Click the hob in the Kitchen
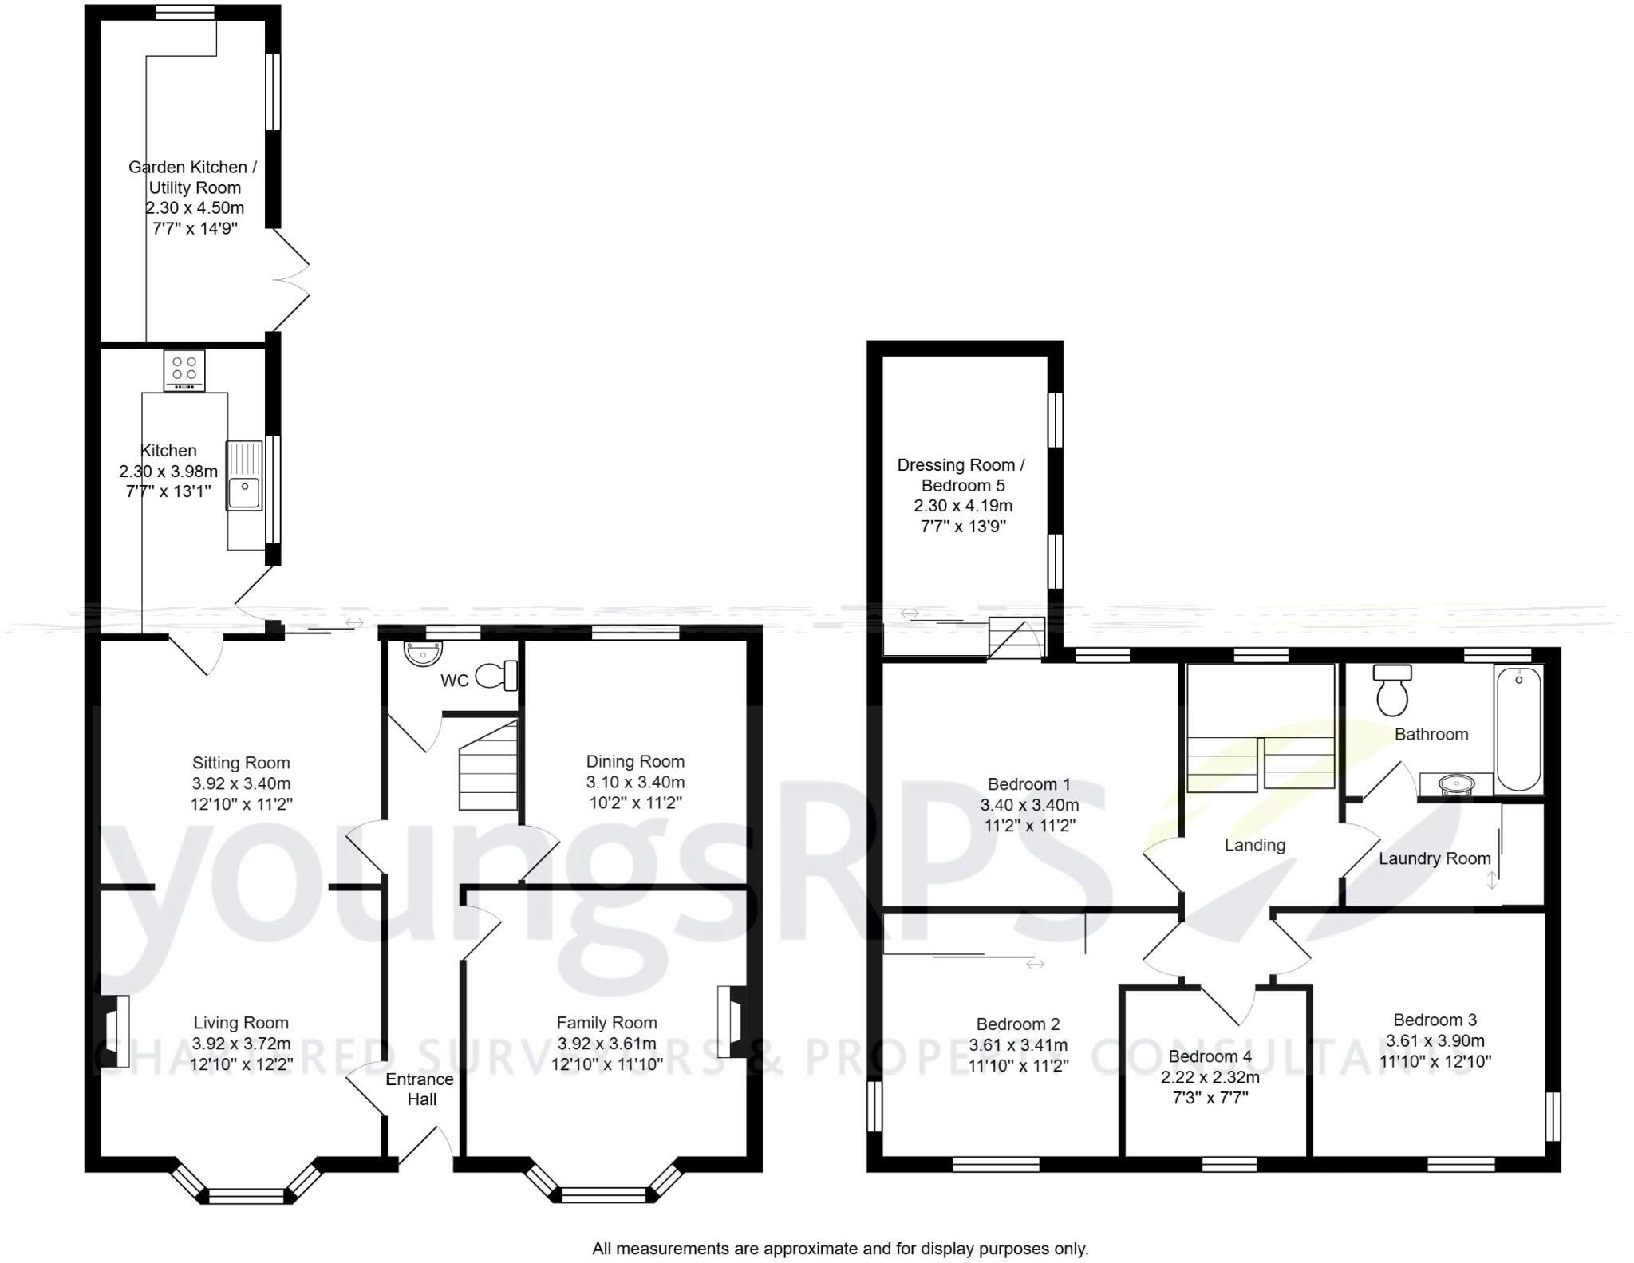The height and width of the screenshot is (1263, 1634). pos(184,370)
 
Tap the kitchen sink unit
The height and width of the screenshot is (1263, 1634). pos(244,476)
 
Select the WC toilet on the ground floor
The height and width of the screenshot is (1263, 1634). pos(497,677)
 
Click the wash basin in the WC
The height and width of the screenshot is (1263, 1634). pos(423,654)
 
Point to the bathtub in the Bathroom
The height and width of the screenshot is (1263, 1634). pos(1519,729)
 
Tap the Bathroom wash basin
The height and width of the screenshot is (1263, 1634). pos(1457,785)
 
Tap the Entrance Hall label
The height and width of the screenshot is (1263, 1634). pos(420,1089)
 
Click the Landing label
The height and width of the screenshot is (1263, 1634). pos(1255,845)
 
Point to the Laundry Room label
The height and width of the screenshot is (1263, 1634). pos(1435,858)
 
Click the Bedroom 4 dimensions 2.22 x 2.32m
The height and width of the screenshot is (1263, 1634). pos(1210,1077)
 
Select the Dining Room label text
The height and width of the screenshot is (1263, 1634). pos(635,761)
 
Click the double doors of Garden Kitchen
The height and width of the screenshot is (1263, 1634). pos(291,279)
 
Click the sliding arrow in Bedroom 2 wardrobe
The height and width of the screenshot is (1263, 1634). pos(1035,965)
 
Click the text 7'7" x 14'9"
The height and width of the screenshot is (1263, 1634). pos(195,228)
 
